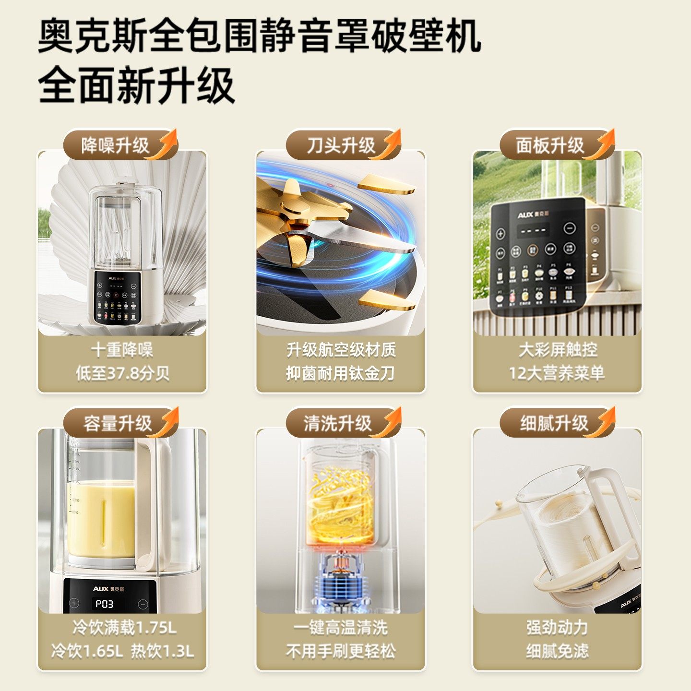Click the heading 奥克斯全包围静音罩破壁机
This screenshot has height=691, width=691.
(259, 36)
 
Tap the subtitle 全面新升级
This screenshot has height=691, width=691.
(136, 85)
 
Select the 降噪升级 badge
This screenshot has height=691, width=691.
(115, 145)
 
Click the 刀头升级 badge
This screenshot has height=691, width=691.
(341, 145)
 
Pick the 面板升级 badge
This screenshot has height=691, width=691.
(550, 145)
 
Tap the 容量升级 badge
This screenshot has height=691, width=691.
(117, 423)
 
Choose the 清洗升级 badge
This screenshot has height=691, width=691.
(338, 423)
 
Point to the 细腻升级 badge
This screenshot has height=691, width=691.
(554, 423)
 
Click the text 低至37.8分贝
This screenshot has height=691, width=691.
(122, 373)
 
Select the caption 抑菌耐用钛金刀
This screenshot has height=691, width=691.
(340, 373)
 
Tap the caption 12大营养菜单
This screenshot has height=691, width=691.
(557, 373)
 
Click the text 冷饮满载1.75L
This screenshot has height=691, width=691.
(124, 627)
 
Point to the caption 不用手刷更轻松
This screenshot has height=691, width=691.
(340, 651)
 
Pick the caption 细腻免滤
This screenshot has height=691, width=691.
(557, 651)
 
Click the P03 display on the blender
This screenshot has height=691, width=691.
(104, 604)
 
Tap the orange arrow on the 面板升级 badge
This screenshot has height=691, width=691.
(603, 143)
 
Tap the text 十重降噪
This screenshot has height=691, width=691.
(122, 350)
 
